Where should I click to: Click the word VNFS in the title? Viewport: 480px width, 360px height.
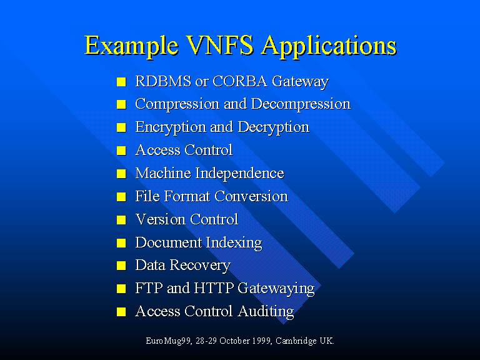tap(220, 45)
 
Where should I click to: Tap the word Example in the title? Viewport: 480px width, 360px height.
tap(131, 46)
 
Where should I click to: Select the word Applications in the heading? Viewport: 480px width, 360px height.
tap(329, 46)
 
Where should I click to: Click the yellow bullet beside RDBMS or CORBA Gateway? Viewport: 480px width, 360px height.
tap(121, 82)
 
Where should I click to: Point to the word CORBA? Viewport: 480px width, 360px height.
tap(240, 81)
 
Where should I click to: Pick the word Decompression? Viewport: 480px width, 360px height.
tap(301, 104)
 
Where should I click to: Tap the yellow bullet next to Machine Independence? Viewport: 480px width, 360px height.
tap(121, 174)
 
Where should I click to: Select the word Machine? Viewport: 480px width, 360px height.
tap(163, 173)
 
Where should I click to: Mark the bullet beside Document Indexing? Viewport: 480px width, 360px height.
tap(121, 242)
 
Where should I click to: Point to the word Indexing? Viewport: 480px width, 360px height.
tap(234, 243)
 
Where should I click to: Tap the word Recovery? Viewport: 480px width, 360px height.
tap(200, 266)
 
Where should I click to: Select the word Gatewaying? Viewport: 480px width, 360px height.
tap(276, 289)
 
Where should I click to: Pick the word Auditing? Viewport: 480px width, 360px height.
tap(266, 312)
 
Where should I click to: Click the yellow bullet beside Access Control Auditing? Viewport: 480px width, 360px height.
tap(121, 312)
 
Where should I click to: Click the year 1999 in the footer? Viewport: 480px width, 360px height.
tap(261, 341)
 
